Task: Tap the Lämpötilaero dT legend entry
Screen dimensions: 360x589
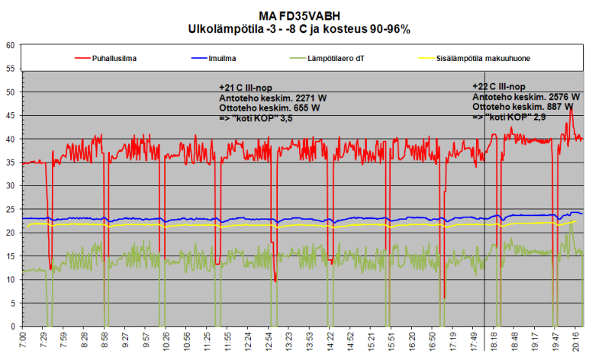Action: pyautogui.click(x=336, y=57)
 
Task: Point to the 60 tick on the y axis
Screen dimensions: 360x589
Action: pyautogui.click(x=11, y=45)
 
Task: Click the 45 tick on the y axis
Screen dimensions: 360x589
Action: pyautogui.click(x=11, y=116)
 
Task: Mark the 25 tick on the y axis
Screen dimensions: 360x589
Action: pyautogui.click(x=11, y=210)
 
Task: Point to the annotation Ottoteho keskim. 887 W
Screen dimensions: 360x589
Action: pyautogui.click(x=523, y=108)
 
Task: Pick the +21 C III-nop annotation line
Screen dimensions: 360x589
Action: pyautogui.click(x=248, y=87)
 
